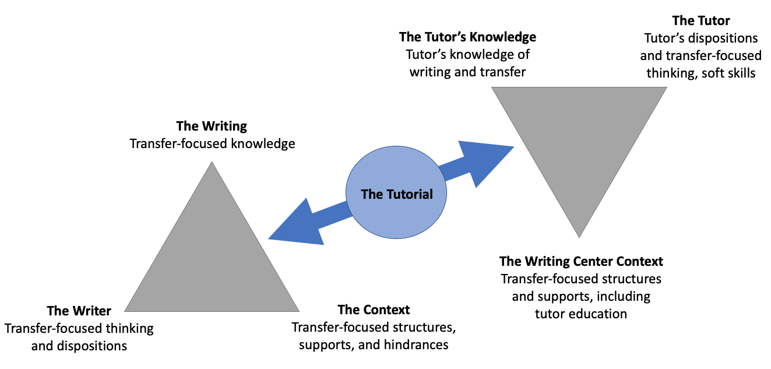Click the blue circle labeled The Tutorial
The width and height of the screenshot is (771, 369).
click(396, 194)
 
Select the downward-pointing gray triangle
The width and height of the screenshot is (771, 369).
click(579, 134)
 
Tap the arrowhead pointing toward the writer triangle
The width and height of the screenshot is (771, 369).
click(294, 224)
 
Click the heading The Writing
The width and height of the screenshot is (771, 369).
click(212, 126)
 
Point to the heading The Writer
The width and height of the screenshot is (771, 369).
click(79, 310)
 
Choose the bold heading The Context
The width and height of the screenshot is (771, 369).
click(374, 309)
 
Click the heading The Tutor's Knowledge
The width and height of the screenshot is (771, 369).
click(467, 37)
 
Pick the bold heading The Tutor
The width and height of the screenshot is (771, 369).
click(700, 20)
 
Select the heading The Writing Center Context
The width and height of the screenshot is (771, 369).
click(581, 261)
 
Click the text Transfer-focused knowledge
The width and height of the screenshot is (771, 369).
click(212, 143)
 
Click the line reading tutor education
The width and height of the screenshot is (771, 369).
click(580, 314)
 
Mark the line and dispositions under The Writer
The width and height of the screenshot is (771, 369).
click(79, 346)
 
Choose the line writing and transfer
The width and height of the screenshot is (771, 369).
click(467, 72)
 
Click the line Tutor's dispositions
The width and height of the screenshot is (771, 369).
click(700, 38)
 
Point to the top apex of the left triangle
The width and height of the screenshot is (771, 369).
click(212, 163)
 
